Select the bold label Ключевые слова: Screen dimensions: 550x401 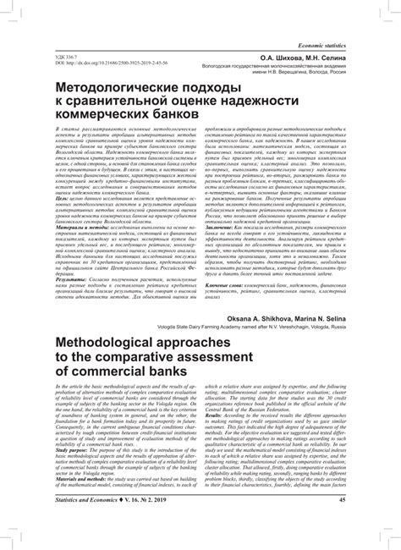[x=228, y=288]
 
